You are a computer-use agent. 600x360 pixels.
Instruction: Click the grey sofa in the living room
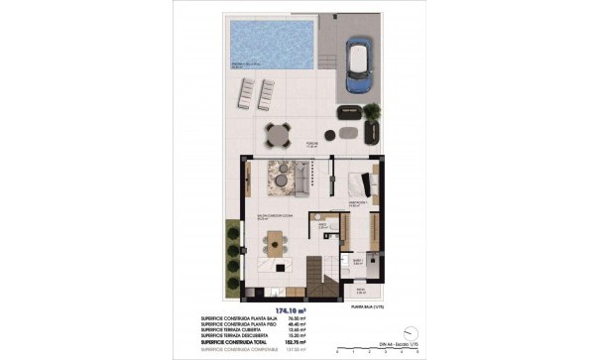(299, 180)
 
